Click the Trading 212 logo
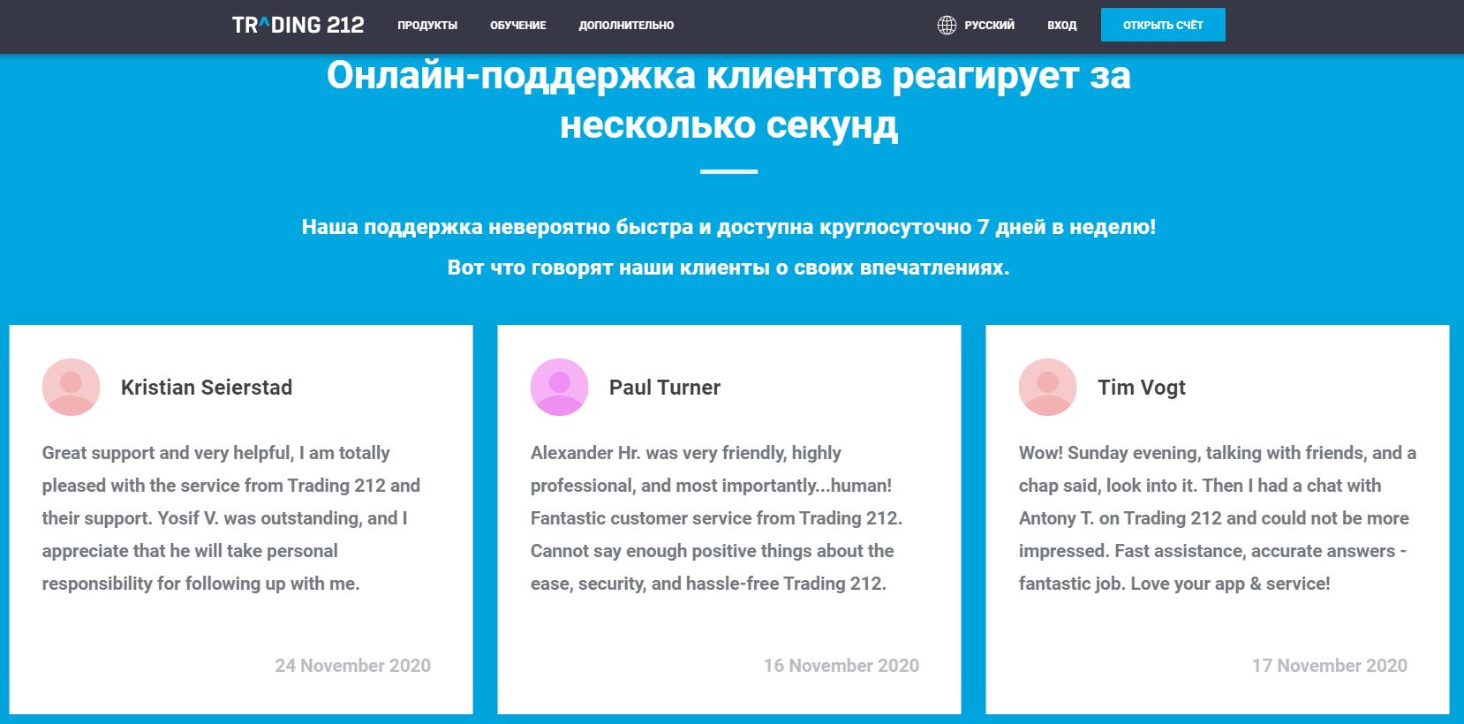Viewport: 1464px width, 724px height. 298,25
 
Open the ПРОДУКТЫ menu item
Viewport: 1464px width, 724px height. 427,26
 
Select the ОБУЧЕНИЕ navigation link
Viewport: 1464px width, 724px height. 518,26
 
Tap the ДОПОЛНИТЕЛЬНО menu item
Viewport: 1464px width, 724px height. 626,26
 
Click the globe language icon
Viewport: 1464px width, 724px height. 947,26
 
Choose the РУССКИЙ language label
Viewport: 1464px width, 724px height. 989,26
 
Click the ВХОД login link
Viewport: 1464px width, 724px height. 1061,26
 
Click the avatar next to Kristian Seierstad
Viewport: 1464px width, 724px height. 71,387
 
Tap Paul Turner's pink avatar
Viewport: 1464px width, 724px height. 559,387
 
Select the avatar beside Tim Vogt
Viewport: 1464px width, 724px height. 1047,387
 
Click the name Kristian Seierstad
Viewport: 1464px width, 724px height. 207,388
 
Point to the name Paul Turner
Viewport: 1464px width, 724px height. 665,388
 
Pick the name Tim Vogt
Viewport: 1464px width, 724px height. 1141,388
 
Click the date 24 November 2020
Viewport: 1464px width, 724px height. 352,666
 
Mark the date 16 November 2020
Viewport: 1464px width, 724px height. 841,666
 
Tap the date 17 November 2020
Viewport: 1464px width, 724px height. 1329,666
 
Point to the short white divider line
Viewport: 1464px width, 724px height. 728,171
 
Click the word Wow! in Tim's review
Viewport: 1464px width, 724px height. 1040,453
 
